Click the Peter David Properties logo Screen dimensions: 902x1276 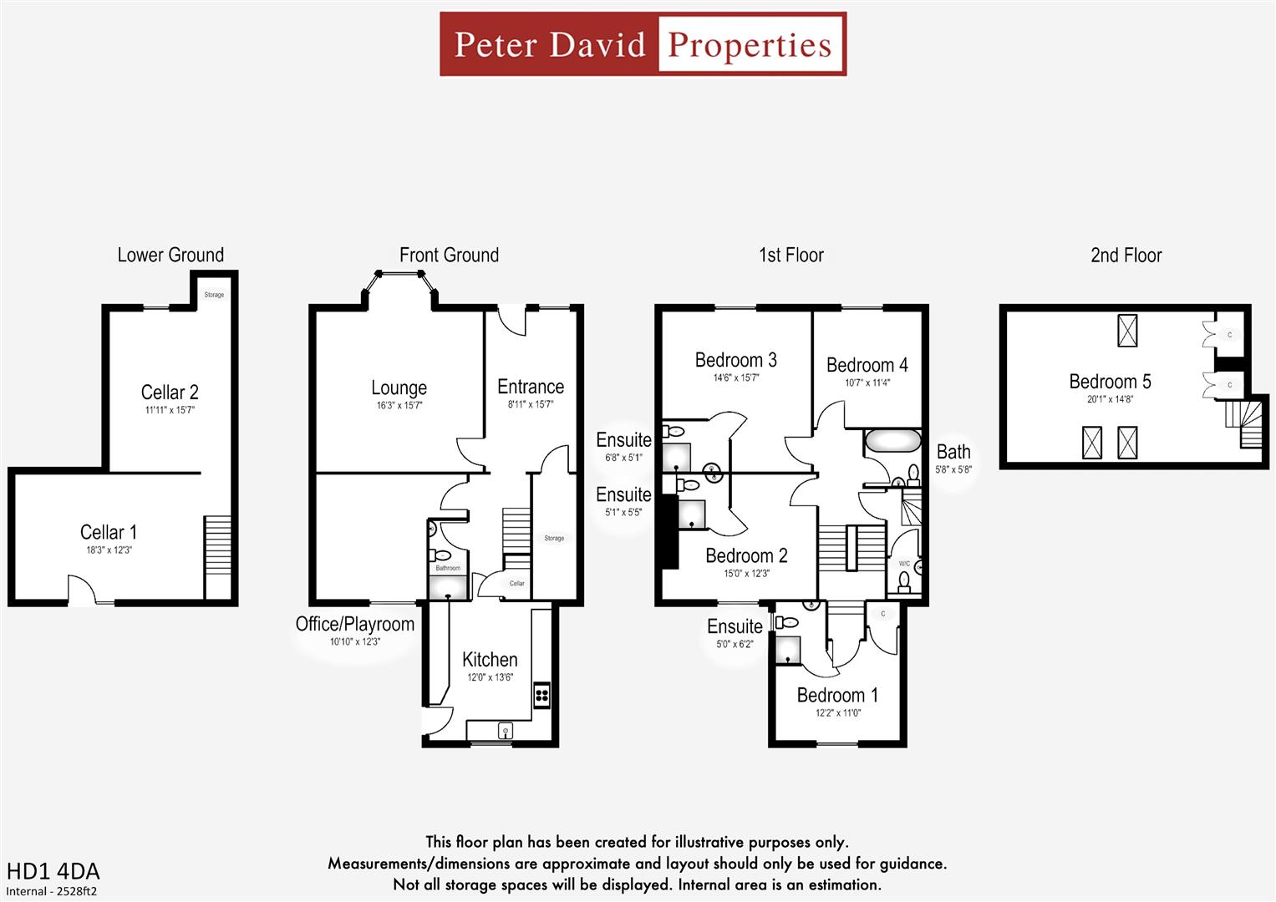click(643, 44)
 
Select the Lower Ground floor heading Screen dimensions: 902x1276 click(170, 255)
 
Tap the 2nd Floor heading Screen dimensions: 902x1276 click(1126, 255)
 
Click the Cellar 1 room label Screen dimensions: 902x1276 click(109, 532)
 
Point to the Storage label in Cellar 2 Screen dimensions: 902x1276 click(214, 295)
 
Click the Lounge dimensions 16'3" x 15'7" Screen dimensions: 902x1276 click(399, 405)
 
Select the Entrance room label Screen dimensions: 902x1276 click(531, 387)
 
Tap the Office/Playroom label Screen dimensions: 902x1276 click(354, 624)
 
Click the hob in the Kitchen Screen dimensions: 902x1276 click(541, 695)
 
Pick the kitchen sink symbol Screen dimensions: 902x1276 click(505, 731)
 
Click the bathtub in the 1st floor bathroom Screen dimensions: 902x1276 click(892, 440)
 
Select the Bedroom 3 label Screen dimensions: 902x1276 click(735, 360)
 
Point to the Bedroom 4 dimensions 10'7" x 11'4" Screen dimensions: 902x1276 click(867, 383)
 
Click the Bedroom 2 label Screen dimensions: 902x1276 click(746, 555)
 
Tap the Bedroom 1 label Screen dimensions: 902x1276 click(837, 695)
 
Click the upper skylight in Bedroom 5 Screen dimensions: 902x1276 click(1127, 331)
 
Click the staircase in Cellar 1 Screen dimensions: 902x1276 click(217, 545)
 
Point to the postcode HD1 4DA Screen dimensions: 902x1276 click(53, 871)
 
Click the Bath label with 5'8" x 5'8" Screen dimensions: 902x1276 click(953, 452)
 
